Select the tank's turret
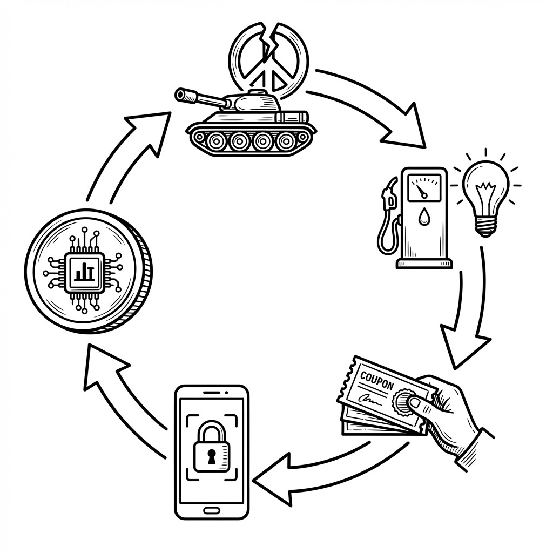click(253, 101)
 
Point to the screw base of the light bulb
click(487, 226)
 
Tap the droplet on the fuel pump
click(422, 215)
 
